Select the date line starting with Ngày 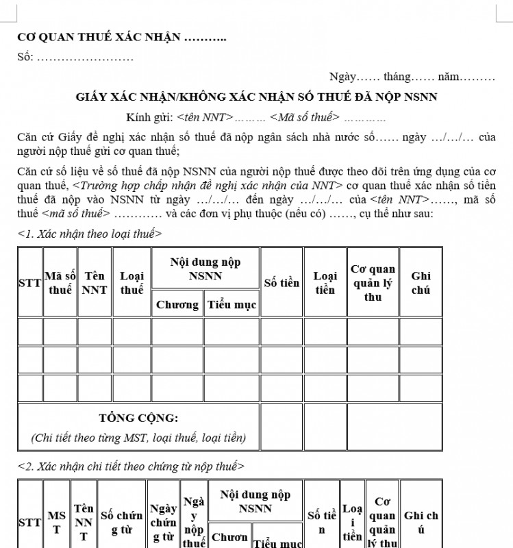[412, 77]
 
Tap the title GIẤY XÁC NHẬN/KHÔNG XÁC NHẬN [256, 97]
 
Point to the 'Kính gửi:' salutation [256, 117]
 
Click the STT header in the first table [29, 282]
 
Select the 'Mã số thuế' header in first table [60, 282]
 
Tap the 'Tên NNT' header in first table [95, 282]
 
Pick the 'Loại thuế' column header [132, 282]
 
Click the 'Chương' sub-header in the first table [177, 305]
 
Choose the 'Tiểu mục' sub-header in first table [232, 305]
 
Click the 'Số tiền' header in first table [281, 282]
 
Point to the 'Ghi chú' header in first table [421, 282]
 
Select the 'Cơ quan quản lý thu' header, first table [373, 282]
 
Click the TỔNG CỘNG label [138, 418]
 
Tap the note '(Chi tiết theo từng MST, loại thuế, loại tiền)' [138, 437]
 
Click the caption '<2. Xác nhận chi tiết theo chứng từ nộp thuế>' [130, 466]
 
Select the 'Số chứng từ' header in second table [121, 522]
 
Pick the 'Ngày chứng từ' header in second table [163, 522]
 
